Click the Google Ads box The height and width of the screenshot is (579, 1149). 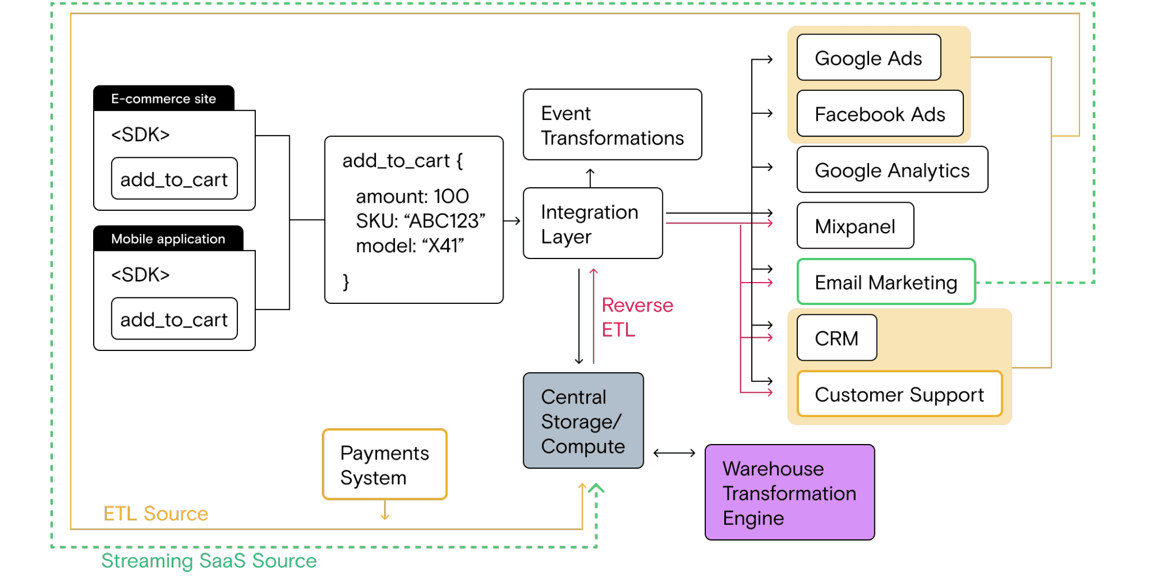point(869,58)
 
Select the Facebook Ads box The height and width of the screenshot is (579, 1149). point(879,114)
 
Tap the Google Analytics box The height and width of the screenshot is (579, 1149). point(891,170)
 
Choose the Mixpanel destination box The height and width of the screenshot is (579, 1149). point(855,226)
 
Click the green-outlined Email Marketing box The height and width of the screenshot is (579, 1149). point(886,282)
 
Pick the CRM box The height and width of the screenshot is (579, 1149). point(836,338)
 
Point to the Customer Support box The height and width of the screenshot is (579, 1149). point(899,394)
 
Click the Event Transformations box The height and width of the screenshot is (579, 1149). point(612,125)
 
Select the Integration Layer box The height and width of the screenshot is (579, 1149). point(593,223)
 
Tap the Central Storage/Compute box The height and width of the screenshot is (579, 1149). point(583,421)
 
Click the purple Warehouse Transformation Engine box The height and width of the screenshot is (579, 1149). point(789,493)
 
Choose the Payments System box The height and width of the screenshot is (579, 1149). point(385,465)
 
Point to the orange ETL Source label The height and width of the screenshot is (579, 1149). point(156,514)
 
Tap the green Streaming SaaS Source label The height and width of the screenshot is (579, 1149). point(209,561)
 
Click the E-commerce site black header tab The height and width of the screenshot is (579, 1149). point(163,99)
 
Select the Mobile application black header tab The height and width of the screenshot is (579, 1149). point(168,239)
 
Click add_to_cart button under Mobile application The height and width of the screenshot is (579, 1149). point(174,319)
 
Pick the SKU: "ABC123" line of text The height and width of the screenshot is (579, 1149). point(420,221)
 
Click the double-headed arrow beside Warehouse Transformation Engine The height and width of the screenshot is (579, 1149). point(674,453)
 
